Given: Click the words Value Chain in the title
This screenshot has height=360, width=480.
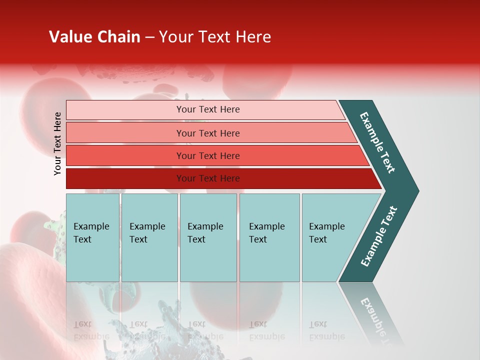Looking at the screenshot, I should [x=94, y=37].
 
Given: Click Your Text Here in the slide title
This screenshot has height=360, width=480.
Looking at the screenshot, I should [x=215, y=37].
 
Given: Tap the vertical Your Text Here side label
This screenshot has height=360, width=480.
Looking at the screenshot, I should [x=57, y=143].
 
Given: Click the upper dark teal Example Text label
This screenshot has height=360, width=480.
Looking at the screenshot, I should [x=377, y=142].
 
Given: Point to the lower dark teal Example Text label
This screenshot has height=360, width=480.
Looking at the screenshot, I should [x=378, y=236].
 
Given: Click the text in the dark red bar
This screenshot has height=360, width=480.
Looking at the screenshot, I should [x=208, y=178].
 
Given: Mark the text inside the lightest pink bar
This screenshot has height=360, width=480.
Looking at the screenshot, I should [x=208, y=109].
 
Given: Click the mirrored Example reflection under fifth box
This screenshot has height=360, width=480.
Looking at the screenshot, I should [x=327, y=330].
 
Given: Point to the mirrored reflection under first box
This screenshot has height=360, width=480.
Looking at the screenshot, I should [x=91, y=330].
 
